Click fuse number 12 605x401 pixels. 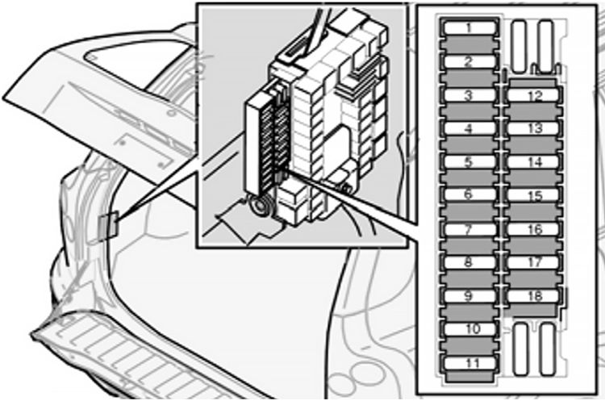point(533,95)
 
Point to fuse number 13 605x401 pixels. point(533,128)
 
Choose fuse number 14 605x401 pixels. point(533,161)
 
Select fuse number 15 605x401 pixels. point(533,195)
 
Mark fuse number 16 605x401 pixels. point(533,229)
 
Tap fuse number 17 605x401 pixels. point(533,262)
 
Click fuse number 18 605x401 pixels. point(533,296)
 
